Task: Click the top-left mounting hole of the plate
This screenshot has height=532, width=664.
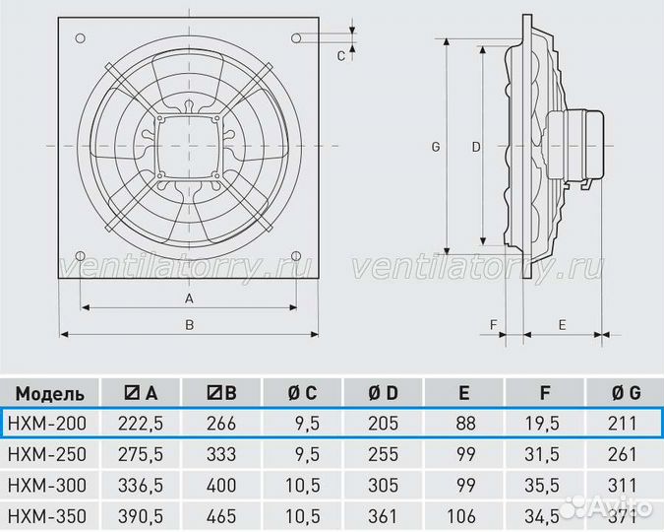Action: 80,38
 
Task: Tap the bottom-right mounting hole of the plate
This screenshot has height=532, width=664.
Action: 296,255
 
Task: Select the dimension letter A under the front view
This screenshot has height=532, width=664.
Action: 189,299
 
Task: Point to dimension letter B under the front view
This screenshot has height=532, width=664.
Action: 189,325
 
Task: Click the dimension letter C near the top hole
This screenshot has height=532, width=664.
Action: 341,56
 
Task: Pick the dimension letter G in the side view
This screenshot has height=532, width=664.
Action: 436,147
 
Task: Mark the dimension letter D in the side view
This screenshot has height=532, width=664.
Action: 476,147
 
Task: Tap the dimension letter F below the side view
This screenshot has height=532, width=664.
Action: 494,325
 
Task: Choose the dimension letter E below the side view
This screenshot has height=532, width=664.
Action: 562,325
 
